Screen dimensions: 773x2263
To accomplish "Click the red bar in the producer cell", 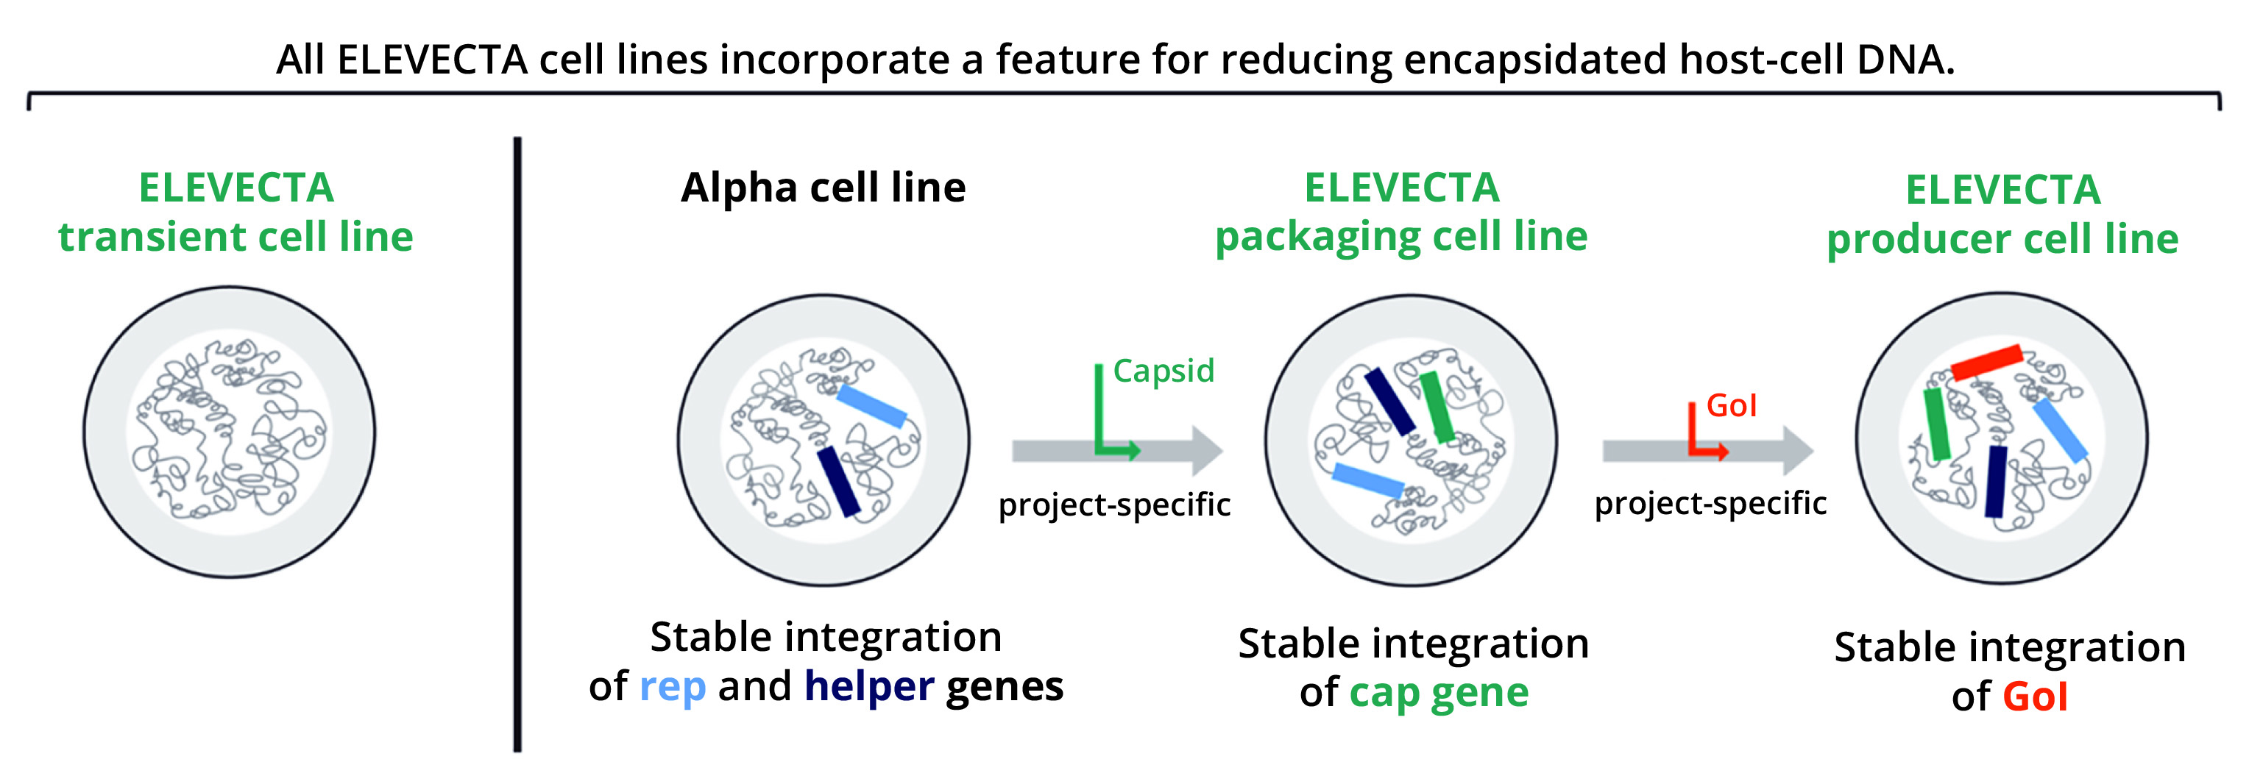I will (1987, 362).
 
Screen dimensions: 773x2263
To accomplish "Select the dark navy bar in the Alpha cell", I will (839, 481).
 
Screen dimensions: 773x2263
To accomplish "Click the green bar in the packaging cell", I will (1437, 407).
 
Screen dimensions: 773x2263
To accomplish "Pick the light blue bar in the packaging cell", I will (1368, 480).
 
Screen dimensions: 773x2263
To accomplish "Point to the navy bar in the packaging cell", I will (1389, 402).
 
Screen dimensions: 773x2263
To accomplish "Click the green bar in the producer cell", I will (1936, 424).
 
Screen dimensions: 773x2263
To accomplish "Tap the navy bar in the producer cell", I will (1996, 481).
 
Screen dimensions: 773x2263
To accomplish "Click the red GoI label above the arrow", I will (1731, 406).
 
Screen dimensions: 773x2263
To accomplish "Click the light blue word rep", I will (672, 687).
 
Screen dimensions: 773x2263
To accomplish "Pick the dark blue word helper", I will (869, 687).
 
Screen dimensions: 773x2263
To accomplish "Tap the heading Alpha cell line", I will (824, 187).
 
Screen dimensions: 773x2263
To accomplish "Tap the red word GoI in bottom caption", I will (2035, 697).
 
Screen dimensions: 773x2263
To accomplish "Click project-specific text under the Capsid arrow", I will (1114, 505).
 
